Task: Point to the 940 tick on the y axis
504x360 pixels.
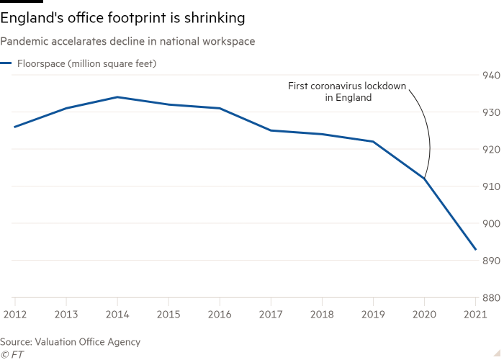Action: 489,75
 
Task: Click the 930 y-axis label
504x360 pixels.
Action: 489,112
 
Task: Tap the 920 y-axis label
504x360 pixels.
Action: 489,149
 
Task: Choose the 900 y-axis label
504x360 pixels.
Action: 489,223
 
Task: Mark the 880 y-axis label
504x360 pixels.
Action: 489,297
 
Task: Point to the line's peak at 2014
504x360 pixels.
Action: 117,96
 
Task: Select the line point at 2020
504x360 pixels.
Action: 425,179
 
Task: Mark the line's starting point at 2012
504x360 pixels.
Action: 14,127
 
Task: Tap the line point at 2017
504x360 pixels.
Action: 271,130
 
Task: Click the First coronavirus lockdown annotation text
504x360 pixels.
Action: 346,91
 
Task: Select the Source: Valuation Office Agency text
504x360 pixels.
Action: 71,342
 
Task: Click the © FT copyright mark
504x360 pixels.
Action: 10,354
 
